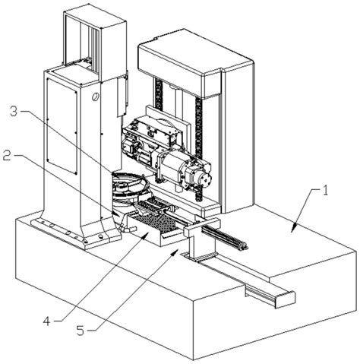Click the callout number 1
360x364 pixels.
325,190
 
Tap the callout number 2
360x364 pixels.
7,156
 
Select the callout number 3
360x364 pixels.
14,112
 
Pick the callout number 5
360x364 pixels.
81,331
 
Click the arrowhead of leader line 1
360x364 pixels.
294,227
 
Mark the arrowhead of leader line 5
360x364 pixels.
175,252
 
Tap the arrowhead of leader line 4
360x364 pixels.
145,236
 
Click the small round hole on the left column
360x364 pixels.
96,97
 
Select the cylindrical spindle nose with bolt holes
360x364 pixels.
205,179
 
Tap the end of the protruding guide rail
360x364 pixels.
285,299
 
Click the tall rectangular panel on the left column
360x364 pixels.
62,126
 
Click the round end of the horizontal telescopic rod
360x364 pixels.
245,245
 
